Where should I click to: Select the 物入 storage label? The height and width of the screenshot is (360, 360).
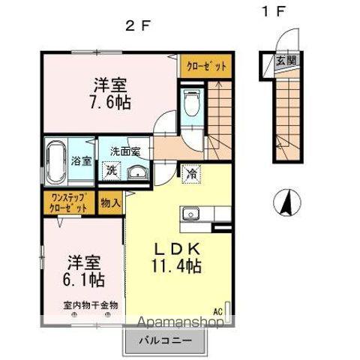tap(110, 202)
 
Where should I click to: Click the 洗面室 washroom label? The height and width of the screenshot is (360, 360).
tap(125, 151)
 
